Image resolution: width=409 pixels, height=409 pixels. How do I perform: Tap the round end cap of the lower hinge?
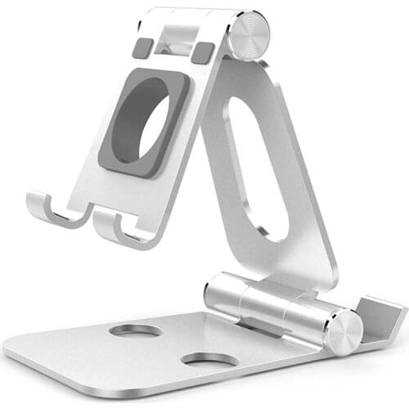tap(343, 332)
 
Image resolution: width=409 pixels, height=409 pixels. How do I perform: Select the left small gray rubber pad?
tap(142, 48)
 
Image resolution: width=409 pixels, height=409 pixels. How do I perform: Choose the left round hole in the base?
tap(135, 330)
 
